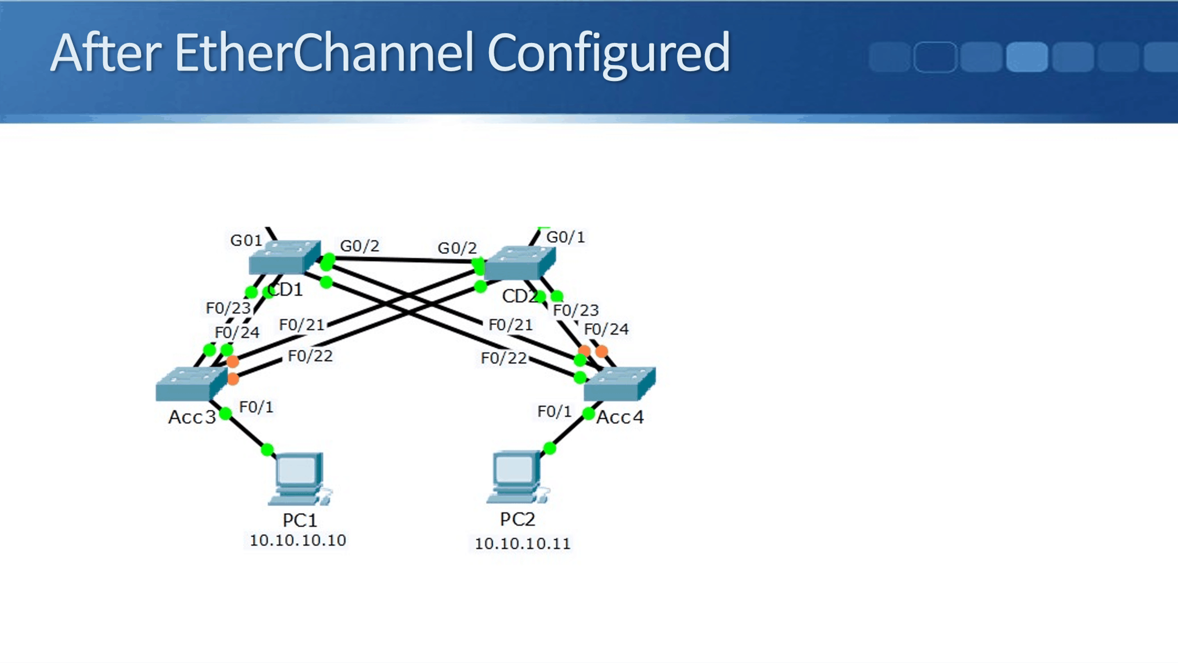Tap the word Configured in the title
608,53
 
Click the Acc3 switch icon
191,384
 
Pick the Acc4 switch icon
619,384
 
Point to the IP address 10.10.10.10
298,540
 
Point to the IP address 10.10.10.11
522,544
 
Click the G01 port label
246,240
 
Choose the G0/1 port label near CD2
565,237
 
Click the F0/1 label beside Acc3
256,407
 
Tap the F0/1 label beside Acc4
554,412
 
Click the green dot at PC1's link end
267,450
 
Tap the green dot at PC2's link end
549,448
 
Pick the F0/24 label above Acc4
606,329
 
